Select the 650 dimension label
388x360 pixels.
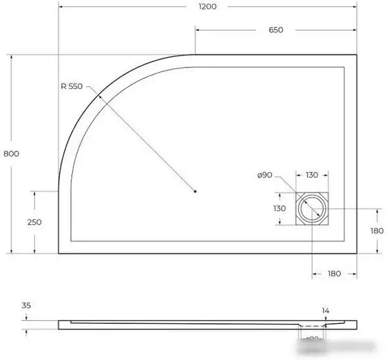click(x=275, y=30)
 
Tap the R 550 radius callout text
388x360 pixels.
click(x=71, y=87)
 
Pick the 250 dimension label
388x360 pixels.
click(x=34, y=222)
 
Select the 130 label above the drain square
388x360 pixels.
click(x=311, y=175)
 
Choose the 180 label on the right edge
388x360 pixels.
click(x=377, y=230)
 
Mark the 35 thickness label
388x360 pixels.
click(x=26, y=305)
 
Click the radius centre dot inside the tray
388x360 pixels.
click(x=196, y=191)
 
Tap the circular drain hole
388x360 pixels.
click(x=311, y=209)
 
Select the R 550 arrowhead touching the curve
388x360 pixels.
click(x=99, y=96)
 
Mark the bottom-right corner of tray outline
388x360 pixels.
click(x=356, y=253)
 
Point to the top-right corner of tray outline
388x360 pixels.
click(x=356, y=54)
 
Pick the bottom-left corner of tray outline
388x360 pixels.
click(x=59, y=253)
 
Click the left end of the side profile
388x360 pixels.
click(x=60, y=323)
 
